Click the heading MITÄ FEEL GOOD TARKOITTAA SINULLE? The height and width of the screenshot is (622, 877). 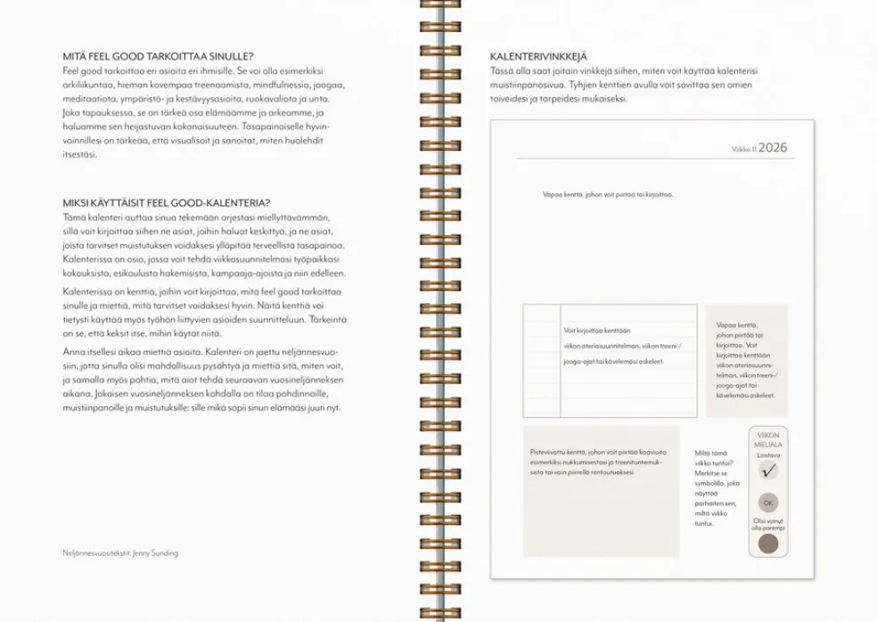158,56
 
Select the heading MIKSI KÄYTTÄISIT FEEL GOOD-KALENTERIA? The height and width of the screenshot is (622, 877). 167,202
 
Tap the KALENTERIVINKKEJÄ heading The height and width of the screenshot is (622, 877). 538,56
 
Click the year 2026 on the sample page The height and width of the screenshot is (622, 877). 773,148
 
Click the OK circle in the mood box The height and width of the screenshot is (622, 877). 768,503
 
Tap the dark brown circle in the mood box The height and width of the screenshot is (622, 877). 768,544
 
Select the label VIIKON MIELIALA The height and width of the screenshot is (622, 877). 768,440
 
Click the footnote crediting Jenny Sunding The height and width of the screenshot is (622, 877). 120,552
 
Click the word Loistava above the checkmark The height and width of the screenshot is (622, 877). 768,454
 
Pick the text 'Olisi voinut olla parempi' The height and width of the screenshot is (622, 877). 768,524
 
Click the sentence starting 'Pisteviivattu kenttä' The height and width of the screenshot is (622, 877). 596,462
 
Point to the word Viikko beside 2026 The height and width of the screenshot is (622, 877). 743,150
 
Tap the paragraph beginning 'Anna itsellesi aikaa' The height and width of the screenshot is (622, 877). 201,380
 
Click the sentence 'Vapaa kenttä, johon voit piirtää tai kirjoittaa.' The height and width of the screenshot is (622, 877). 607,194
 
